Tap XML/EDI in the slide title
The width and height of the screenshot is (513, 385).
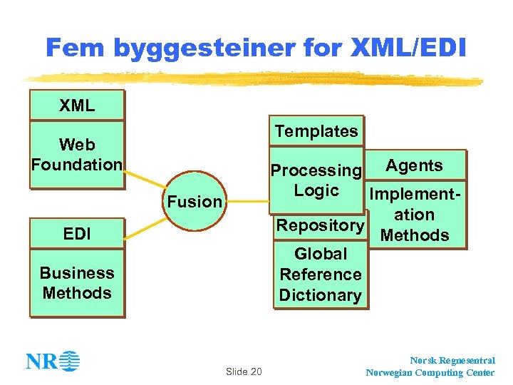coord(409,48)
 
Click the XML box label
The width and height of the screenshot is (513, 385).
coord(76,106)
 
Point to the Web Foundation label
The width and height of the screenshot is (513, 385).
coord(76,155)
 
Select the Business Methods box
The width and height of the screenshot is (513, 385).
coord(76,283)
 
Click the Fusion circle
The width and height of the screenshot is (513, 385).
coord(195,201)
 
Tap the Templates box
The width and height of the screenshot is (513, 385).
coord(316,131)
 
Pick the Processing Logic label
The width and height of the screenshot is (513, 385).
coord(316,180)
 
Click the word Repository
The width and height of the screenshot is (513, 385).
coord(320,225)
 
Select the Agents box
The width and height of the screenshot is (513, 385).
coord(414,165)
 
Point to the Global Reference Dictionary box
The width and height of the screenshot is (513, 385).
coord(321,274)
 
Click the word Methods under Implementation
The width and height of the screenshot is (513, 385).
coord(415,235)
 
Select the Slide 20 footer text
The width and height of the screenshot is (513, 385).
coord(244,371)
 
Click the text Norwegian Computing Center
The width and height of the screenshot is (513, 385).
coord(430,372)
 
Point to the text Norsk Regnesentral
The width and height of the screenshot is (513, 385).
coord(452,361)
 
